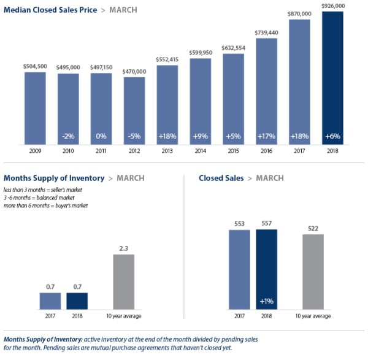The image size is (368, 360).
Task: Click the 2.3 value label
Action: point(124,248)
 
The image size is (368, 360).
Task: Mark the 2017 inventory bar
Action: point(50,301)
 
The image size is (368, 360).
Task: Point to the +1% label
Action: point(266,301)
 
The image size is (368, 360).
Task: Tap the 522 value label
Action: point(313,228)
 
